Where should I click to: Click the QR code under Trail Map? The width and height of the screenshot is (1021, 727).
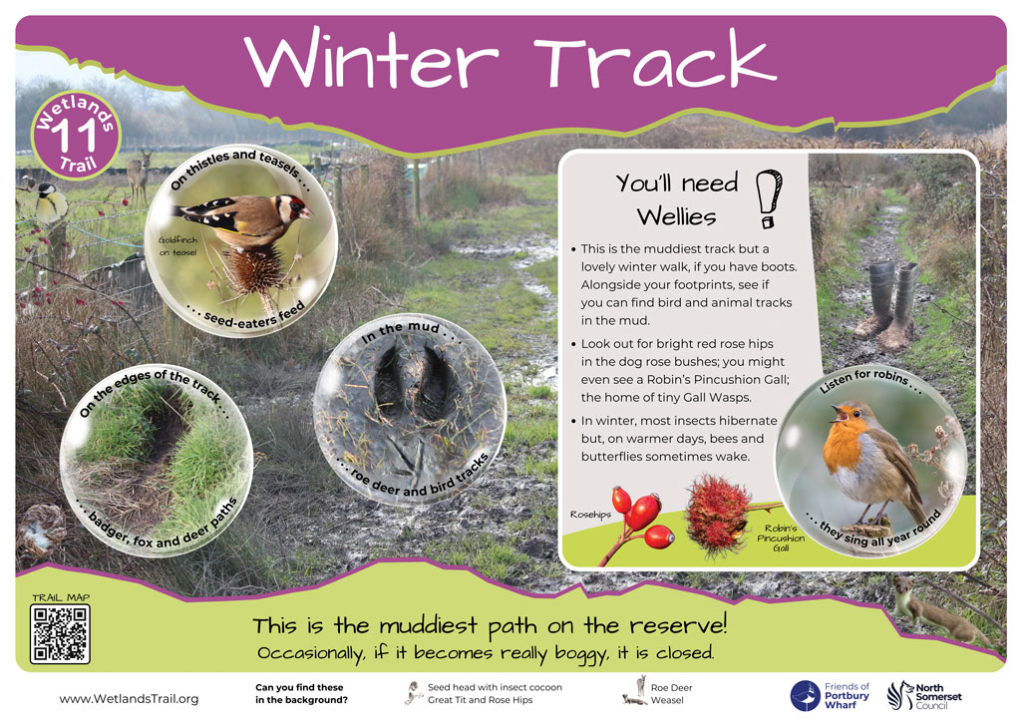[60, 634]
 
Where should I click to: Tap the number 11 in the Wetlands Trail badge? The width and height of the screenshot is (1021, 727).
[74, 136]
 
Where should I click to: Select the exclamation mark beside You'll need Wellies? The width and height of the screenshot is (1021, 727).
[769, 198]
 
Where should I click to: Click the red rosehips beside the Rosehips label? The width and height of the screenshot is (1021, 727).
[642, 518]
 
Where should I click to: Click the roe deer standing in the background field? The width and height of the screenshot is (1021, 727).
[139, 177]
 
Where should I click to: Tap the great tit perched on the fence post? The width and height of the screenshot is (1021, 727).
[50, 201]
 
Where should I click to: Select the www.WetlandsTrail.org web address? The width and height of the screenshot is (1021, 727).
[129, 699]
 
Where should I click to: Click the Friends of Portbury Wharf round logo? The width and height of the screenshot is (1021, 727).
[806, 696]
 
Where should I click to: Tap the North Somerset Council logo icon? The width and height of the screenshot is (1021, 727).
[900, 695]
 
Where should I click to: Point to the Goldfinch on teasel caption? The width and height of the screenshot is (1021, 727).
[177, 246]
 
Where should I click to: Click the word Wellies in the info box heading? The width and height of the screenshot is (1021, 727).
[677, 216]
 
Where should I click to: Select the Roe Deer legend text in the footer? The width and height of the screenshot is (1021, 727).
[671, 687]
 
